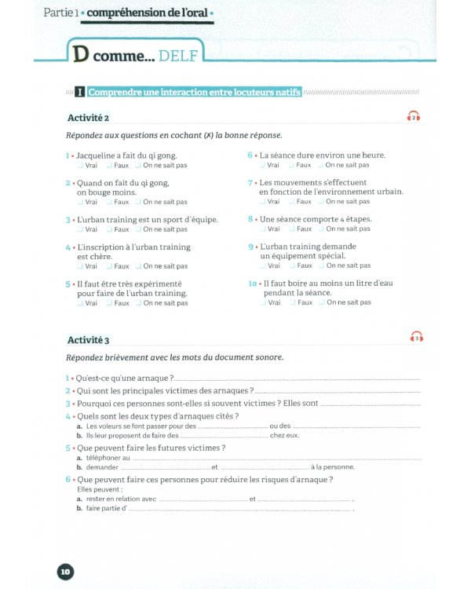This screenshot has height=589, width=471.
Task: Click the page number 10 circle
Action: (x=65, y=572)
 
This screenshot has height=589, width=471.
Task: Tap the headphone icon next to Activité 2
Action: (x=414, y=117)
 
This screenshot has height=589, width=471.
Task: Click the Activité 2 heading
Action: (x=88, y=118)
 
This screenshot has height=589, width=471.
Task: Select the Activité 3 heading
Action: (x=88, y=339)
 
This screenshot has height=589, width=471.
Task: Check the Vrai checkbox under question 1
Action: (x=80, y=166)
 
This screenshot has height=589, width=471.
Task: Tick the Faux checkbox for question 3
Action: (x=109, y=229)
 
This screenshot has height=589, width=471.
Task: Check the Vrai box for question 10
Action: (x=262, y=302)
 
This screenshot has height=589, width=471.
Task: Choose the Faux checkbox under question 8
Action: (x=291, y=229)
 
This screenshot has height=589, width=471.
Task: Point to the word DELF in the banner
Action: (x=181, y=56)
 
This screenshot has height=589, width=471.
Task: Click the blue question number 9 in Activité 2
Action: (x=250, y=247)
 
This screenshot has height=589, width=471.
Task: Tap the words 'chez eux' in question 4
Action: (x=284, y=435)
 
